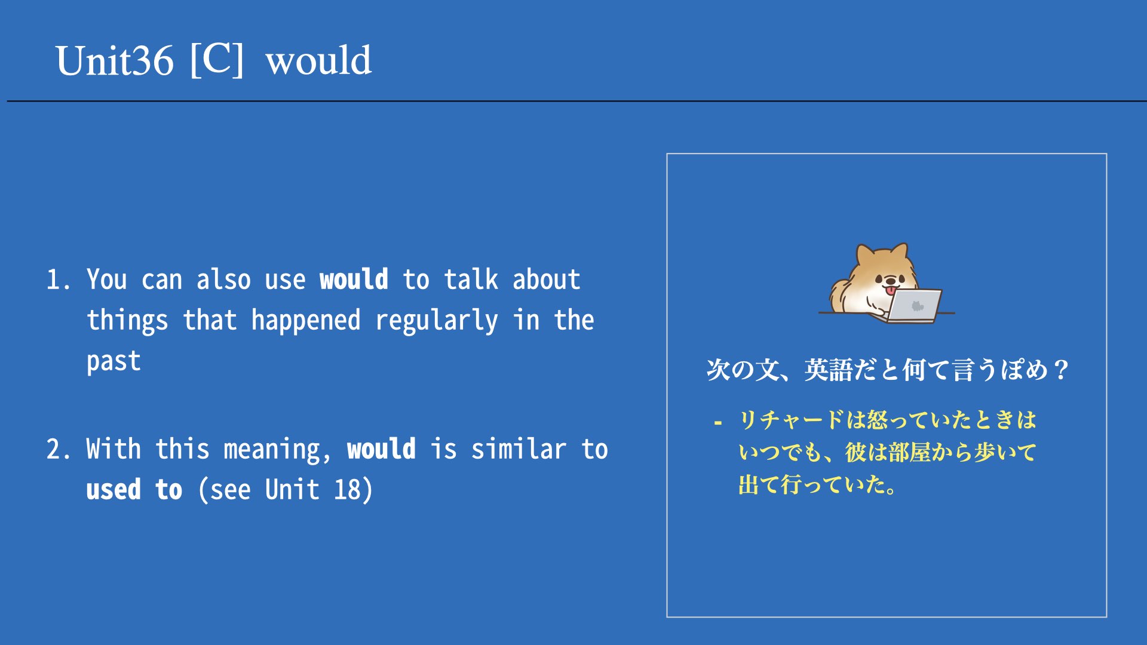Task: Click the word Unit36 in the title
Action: click(115, 60)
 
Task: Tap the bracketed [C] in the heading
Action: click(217, 59)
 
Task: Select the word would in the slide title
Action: click(319, 60)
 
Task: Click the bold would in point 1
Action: click(354, 279)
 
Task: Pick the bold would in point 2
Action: click(381, 449)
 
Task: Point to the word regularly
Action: click(436, 321)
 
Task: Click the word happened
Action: click(306, 321)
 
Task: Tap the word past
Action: click(114, 362)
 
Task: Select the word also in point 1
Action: click(223, 279)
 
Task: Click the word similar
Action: click(519, 449)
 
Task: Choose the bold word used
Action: click(114, 490)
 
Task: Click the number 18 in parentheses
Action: click(347, 490)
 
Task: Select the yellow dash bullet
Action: click(718, 423)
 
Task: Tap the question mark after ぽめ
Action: click(1061, 370)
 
